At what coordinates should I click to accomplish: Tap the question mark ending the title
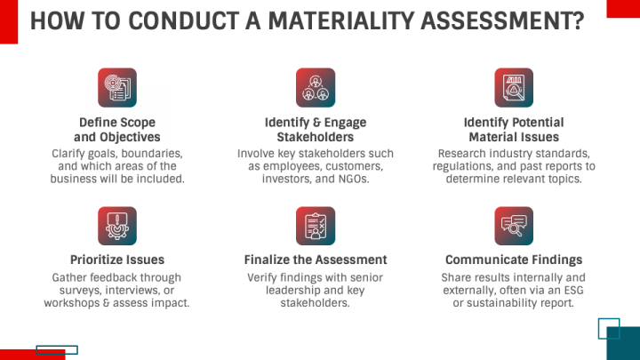tap(578, 20)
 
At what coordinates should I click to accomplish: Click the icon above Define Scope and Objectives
tap(116, 87)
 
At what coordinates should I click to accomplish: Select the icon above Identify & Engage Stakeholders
tap(316, 87)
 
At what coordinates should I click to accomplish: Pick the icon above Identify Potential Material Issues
tap(514, 87)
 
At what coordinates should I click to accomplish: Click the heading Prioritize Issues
tap(117, 260)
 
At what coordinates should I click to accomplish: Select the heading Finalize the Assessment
tap(316, 260)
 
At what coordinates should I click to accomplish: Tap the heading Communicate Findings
tap(514, 260)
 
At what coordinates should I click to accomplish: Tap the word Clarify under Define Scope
tap(72, 153)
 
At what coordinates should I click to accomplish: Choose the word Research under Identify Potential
tap(466, 153)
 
